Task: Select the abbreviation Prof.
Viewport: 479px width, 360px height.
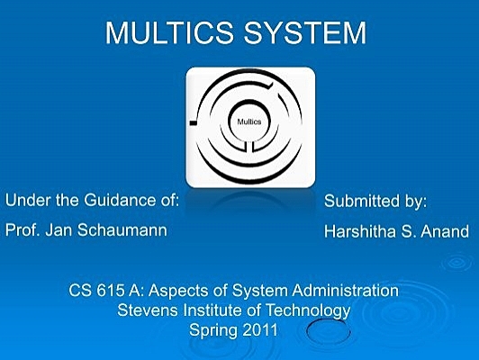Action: [x=22, y=229]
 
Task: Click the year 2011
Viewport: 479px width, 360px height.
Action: [x=261, y=329]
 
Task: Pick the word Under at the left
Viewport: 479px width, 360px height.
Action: [x=25, y=200]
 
